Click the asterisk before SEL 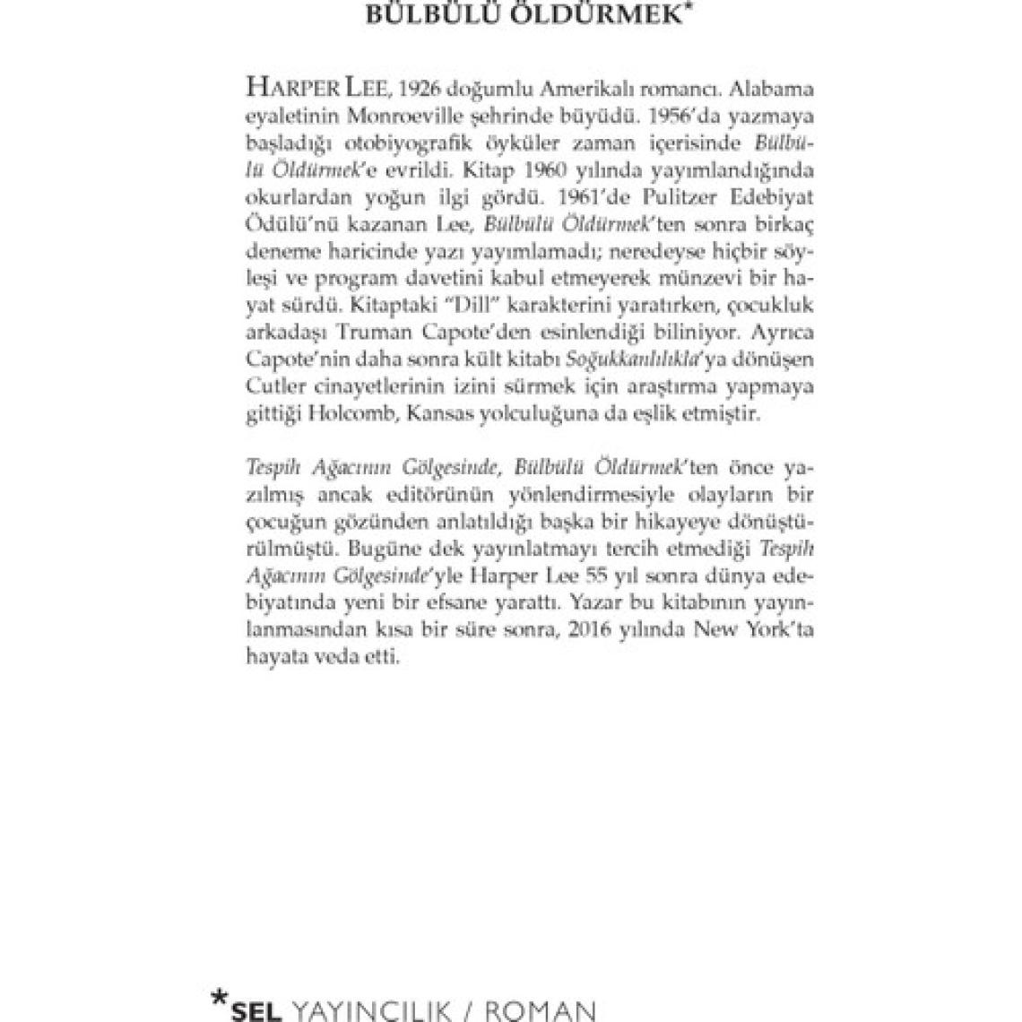(218, 998)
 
